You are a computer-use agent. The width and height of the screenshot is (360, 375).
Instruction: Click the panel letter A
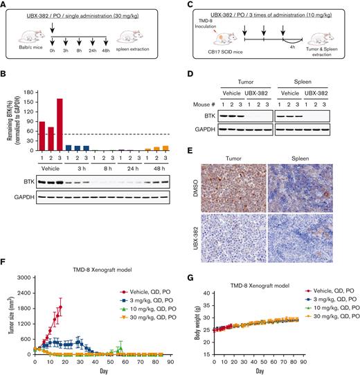pyautogui.click(x=6, y=6)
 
